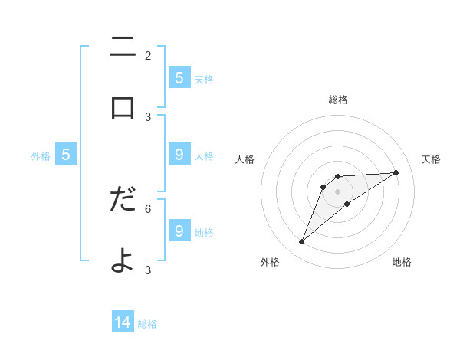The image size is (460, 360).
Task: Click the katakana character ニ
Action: [123, 50]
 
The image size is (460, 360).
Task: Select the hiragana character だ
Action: [123, 199]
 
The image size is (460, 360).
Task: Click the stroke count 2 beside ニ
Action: [148, 56]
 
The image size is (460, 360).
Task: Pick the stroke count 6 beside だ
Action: [148, 208]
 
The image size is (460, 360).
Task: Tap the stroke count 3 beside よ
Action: [148, 270]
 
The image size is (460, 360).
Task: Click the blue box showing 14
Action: [123, 322]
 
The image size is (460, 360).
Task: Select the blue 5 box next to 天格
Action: [179, 77]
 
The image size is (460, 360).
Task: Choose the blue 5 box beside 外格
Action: [66, 155]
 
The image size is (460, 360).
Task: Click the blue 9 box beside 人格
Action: [179, 155]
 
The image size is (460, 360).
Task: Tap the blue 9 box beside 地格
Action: [179, 231]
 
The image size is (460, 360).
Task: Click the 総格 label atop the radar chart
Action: [337, 100]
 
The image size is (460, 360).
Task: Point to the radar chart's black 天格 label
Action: [431, 159]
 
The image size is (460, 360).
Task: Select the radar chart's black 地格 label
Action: [402, 262]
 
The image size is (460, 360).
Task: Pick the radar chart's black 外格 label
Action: [270, 262]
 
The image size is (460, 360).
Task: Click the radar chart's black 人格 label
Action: [245, 159]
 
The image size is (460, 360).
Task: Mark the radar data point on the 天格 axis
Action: [396, 172]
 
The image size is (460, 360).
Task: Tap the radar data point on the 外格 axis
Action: [301, 242]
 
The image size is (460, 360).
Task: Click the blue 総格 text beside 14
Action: [147, 324]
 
